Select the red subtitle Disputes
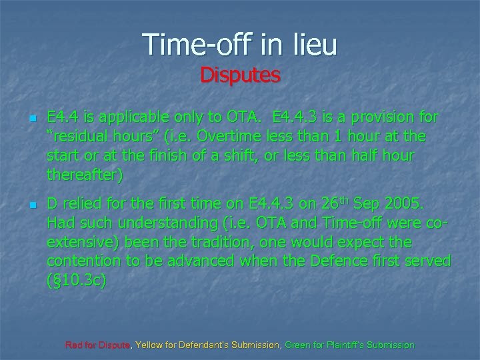click(240, 75)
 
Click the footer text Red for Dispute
click(99, 345)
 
